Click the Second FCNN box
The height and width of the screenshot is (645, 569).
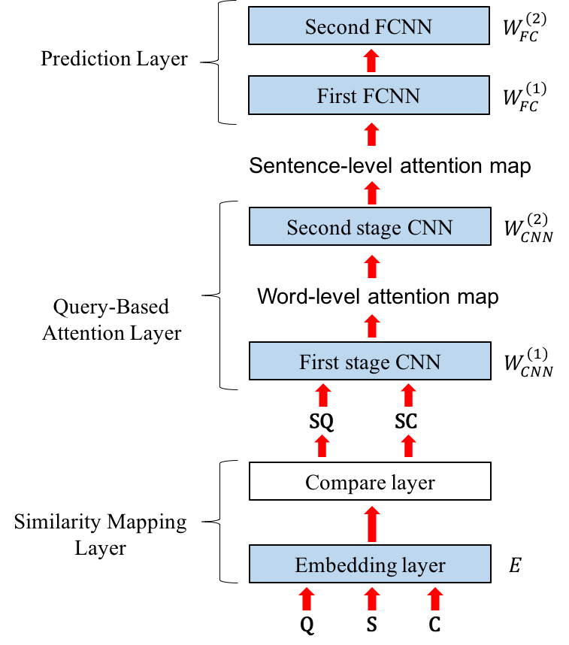point(369,26)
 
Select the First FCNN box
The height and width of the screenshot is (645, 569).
point(369,96)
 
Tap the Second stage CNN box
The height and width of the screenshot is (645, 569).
point(370,226)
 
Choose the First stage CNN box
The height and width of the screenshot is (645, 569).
point(370,362)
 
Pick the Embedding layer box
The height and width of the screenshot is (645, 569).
point(370,565)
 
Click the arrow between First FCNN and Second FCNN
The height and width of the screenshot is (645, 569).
point(371,61)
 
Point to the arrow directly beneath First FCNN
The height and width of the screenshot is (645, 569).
point(371,135)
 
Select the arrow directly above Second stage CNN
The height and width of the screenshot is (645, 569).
point(371,192)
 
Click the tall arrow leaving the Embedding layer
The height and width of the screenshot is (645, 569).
point(372,524)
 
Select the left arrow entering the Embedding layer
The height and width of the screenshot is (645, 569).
point(307,599)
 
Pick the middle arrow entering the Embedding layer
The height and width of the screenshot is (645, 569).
point(372,599)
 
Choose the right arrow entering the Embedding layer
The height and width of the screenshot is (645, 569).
point(434,599)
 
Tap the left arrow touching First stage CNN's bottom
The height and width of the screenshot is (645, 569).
point(323,395)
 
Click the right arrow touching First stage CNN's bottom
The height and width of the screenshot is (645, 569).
point(408,395)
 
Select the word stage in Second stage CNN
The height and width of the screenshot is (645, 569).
point(378,228)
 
